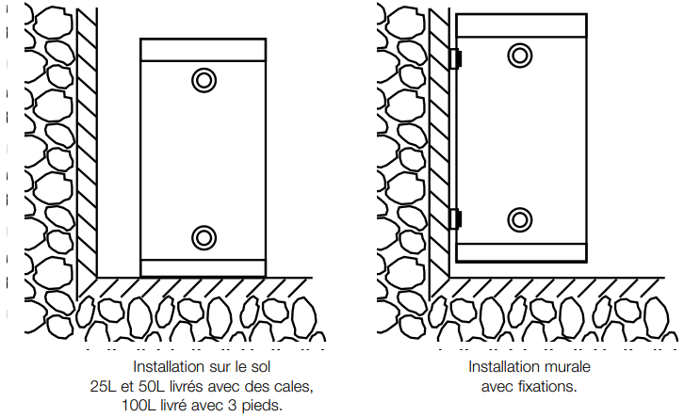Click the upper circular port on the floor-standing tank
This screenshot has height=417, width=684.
pyautogui.click(x=204, y=80)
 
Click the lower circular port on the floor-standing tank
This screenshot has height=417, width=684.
pyautogui.click(x=204, y=236)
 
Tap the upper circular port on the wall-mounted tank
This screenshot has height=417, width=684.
pyautogui.click(x=520, y=54)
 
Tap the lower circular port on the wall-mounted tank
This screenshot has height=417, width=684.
pyautogui.click(x=520, y=219)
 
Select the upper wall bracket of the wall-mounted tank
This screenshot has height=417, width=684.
pyautogui.click(x=455, y=58)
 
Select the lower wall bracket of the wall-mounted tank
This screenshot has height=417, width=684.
pyautogui.click(x=455, y=218)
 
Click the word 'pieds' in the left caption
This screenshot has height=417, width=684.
pyautogui.click(x=262, y=405)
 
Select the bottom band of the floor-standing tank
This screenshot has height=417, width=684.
pyautogui.click(x=204, y=267)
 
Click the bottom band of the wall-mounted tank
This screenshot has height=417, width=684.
pyautogui.click(x=520, y=251)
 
